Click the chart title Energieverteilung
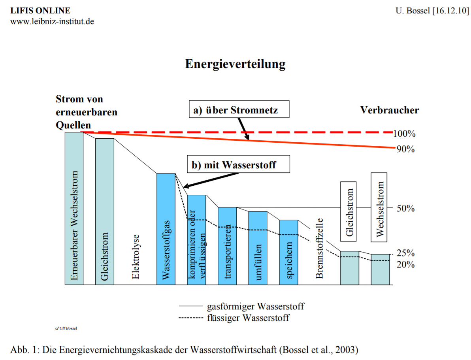235,64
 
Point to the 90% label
405,149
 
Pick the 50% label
405,209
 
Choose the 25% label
405,253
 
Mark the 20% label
405,264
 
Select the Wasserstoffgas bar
166,229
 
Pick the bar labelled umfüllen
258,248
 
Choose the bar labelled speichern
288,252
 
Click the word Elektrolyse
136,257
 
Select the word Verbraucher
389,110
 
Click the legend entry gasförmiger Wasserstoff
255,306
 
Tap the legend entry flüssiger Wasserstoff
248,317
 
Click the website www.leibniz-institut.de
52,21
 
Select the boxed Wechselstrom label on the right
380,207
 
